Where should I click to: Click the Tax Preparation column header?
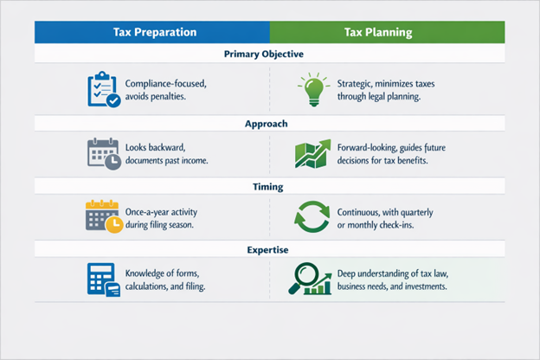coord(154,33)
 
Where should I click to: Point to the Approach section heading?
coord(269,124)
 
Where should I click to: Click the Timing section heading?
coord(269,185)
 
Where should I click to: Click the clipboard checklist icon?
coord(103,89)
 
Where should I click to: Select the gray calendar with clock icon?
coord(103,151)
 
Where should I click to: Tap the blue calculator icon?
coord(103,280)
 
